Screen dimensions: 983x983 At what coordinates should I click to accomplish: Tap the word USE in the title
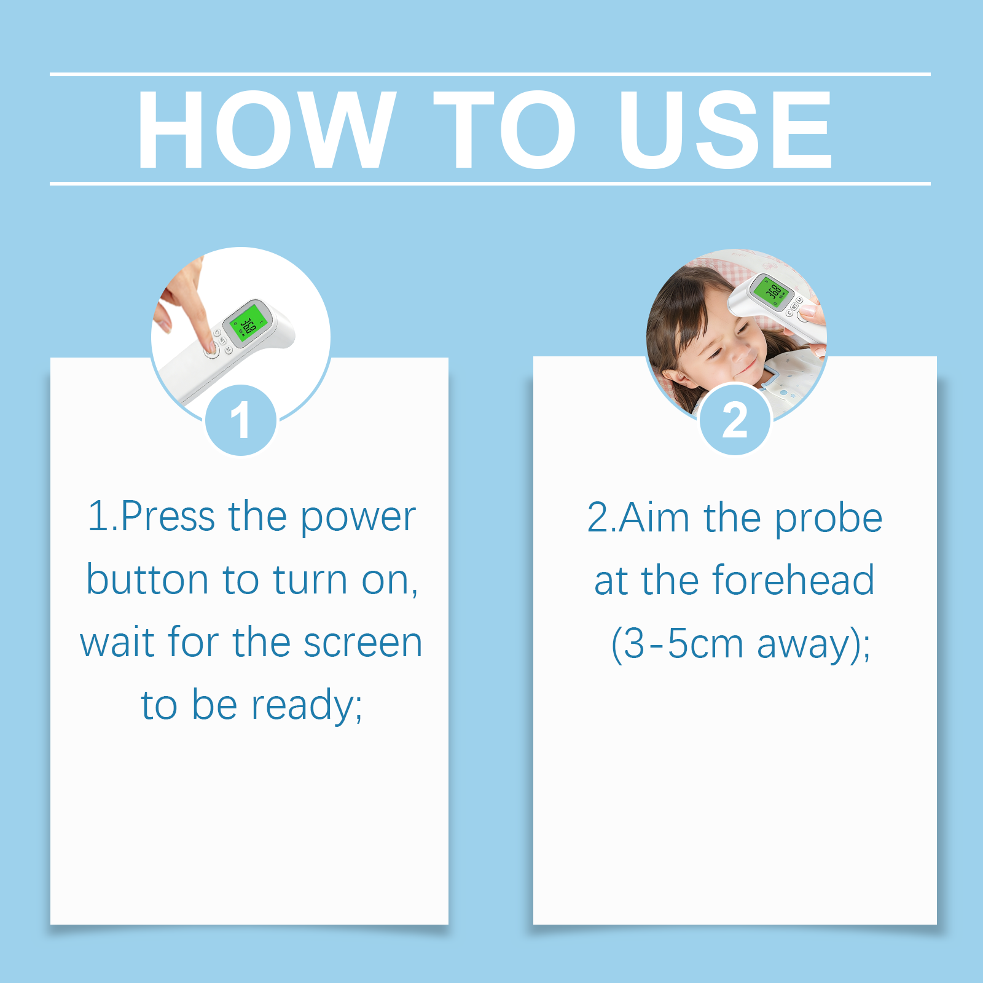coord(726,129)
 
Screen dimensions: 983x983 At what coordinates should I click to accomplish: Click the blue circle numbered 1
coord(241,420)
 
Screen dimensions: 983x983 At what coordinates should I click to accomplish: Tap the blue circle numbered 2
coord(735,420)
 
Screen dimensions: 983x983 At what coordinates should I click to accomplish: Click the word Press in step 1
coord(168,517)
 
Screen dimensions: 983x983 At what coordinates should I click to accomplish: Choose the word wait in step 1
coord(117,642)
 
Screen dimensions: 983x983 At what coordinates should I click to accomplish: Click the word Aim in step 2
coord(654,517)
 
